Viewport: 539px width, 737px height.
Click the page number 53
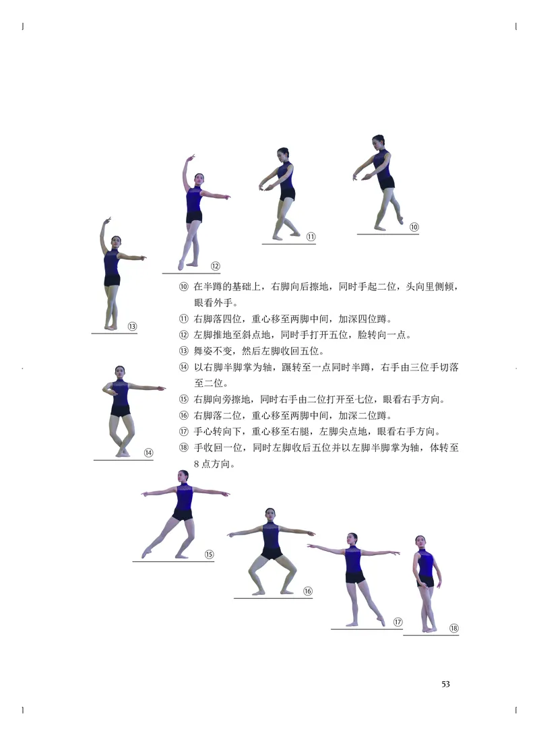tap(445, 684)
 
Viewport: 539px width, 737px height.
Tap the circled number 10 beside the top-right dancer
tap(414, 227)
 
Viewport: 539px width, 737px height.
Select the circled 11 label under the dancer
tap(311, 236)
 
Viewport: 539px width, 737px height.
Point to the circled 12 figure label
tap(216, 266)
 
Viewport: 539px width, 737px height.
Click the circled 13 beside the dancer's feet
tap(132, 326)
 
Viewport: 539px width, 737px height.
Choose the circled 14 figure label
tap(148, 453)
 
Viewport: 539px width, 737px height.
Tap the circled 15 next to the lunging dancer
tap(209, 554)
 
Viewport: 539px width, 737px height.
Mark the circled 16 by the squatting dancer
tap(307, 591)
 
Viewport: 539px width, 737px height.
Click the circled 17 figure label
tap(398, 622)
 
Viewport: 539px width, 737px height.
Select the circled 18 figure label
tap(453, 629)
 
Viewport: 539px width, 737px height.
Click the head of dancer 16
tap(270, 514)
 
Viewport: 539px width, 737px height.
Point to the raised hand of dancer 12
tap(192, 158)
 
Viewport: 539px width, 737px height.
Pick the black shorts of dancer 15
tap(182, 515)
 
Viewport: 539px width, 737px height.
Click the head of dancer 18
tap(420, 542)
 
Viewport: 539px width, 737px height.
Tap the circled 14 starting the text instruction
tap(184, 367)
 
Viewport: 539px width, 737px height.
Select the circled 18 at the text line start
tap(184, 448)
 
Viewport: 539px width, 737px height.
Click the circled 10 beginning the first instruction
tap(184, 287)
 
